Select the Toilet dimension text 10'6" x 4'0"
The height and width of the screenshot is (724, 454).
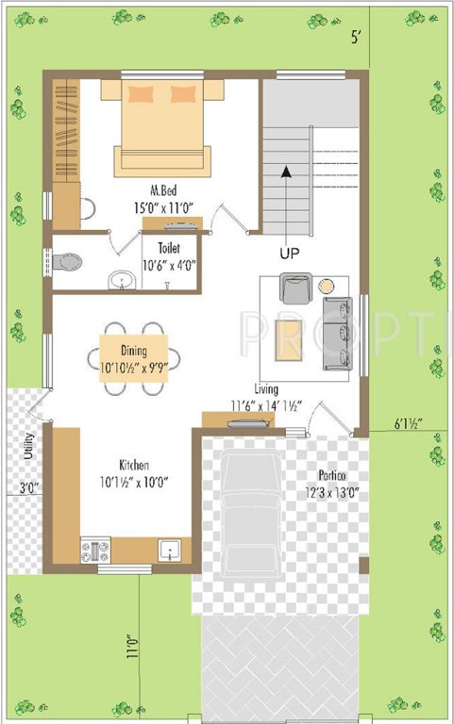click(170, 265)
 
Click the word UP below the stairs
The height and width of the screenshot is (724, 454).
click(290, 254)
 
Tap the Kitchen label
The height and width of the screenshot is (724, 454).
click(134, 466)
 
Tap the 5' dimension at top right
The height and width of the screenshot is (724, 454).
click(355, 39)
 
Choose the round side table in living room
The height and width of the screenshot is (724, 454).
click(327, 285)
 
